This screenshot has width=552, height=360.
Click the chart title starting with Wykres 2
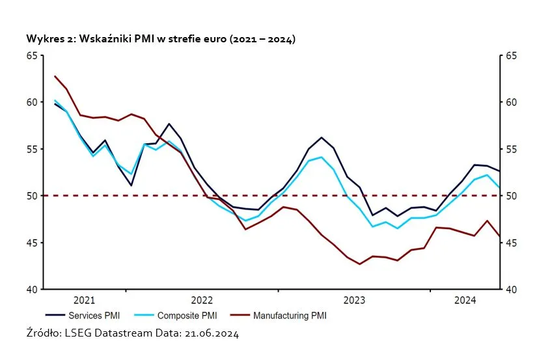(161, 40)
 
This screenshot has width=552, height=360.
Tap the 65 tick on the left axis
(32, 56)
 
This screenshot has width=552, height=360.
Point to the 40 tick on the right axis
(511, 290)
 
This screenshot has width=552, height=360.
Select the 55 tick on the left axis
(32, 149)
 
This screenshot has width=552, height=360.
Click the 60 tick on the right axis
(511, 103)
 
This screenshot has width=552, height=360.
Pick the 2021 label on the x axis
(85, 300)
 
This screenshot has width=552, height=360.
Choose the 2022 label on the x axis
(202, 300)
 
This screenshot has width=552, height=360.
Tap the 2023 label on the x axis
(354, 300)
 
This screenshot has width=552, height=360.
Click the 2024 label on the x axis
(465, 300)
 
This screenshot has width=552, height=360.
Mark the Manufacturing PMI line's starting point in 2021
(54, 76)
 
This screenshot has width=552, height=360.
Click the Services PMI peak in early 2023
(322, 137)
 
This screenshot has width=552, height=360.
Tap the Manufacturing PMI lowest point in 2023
(359, 264)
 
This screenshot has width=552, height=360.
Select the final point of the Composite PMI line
(499, 187)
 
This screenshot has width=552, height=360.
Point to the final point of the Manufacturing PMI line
(499, 236)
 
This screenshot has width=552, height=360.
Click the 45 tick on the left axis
(32, 243)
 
